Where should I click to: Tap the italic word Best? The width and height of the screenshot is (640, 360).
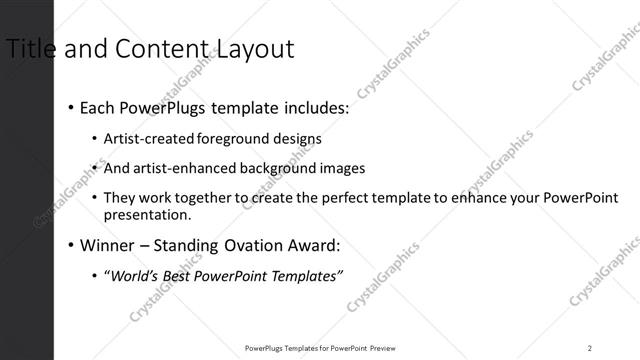[183, 275]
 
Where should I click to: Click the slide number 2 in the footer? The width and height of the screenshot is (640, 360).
[590, 348]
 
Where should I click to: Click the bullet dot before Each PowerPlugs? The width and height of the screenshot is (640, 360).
[70, 107]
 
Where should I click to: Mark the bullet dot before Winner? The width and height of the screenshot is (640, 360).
[70, 245]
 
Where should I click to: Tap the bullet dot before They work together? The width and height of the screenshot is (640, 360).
[94, 198]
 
